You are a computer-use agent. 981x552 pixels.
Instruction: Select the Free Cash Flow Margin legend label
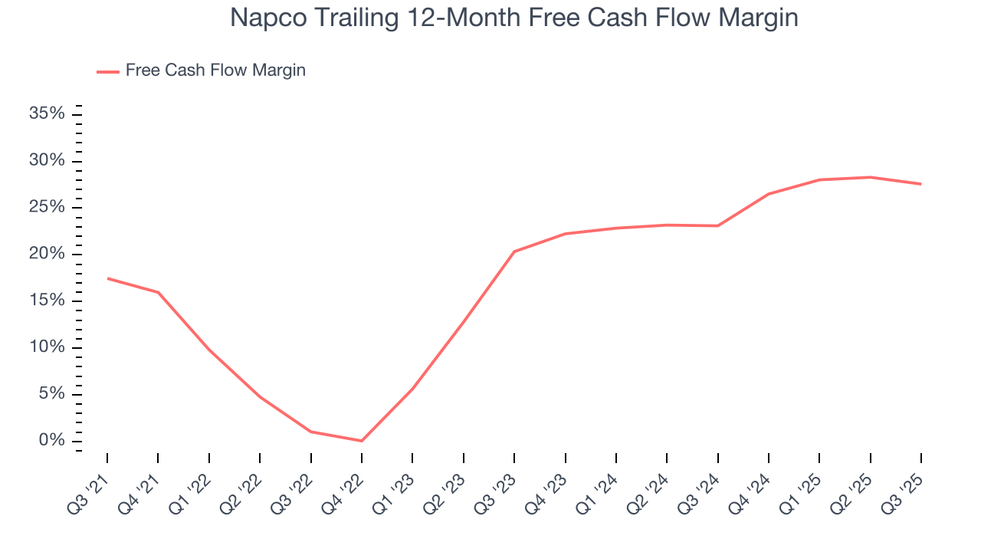coord(215,71)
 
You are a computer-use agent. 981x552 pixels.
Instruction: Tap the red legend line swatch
coord(108,71)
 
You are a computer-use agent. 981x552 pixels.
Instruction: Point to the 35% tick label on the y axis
coord(47,114)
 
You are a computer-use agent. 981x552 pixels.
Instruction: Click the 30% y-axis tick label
coord(47,161)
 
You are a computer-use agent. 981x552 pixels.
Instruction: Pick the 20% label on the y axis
coord(47,255)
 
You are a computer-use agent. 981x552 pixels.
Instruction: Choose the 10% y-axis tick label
coord(47,347)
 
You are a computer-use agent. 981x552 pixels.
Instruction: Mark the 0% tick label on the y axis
coord(51,441)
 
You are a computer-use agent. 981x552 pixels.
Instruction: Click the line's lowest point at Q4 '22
coord(362,441)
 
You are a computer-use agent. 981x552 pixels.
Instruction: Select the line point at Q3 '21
coord(107,278)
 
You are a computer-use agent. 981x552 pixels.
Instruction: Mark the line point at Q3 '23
coord(514,251)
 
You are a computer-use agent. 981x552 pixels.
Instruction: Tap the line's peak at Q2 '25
coord(871,177)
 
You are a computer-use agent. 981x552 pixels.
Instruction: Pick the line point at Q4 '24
coord(769,194)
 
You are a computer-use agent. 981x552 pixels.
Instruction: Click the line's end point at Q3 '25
coord(920,184)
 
